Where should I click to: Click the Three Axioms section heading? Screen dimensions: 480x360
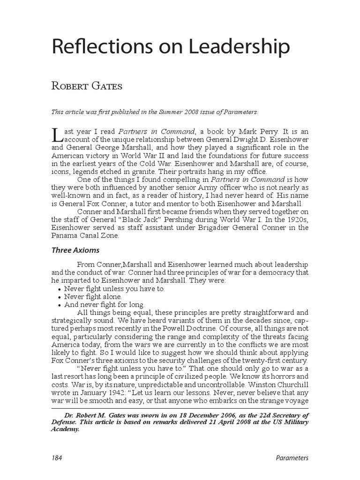pyautogui.click(x=75, y=250)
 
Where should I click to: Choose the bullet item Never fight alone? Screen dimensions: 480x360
pyautogui.click(x=93, y=297)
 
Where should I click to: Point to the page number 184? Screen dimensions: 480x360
pyautogui.click(x=57, y=458)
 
